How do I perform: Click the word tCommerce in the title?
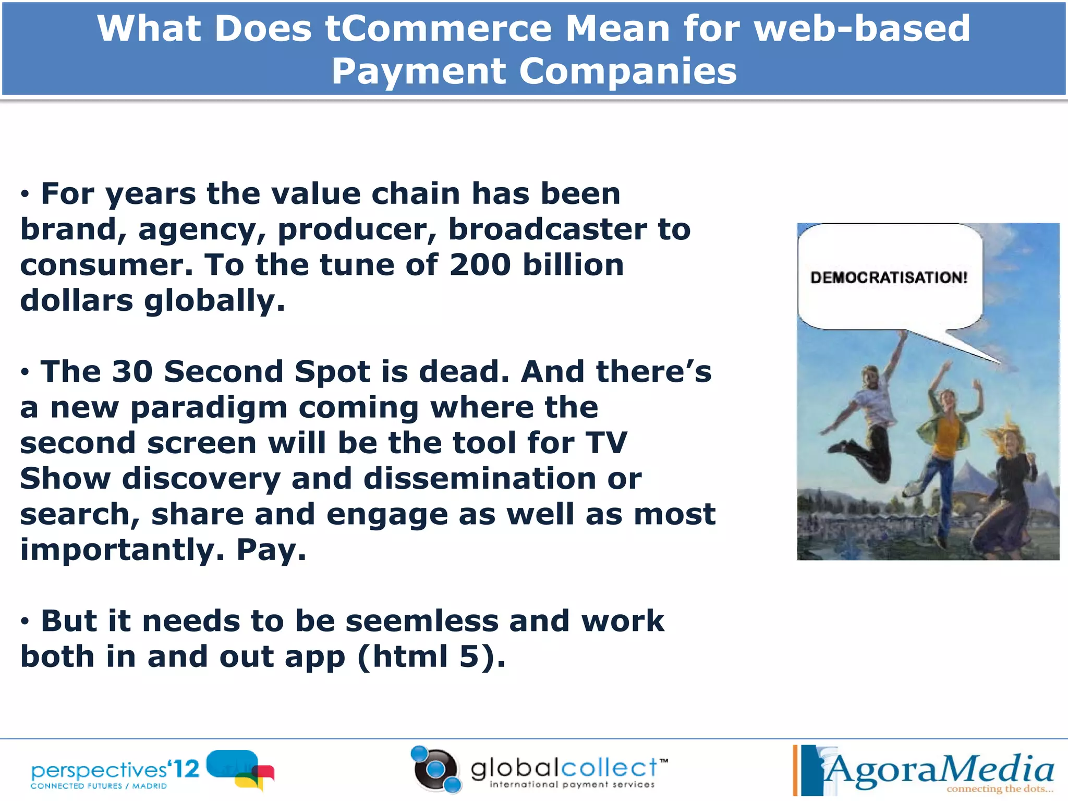click(438, 29)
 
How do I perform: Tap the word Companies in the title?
click(628, 71)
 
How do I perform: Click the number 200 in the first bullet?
click(480, 265)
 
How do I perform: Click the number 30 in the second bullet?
click(132, 372)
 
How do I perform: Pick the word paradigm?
click(209, 408)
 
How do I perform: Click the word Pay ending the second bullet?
click(271, 550)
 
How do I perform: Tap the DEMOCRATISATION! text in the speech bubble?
click(889, 277)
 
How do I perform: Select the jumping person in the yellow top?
click(946, 438)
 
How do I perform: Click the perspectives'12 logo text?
click(115, 770)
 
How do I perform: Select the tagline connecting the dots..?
click(999, 789)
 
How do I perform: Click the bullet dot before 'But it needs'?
click(25, 622)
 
